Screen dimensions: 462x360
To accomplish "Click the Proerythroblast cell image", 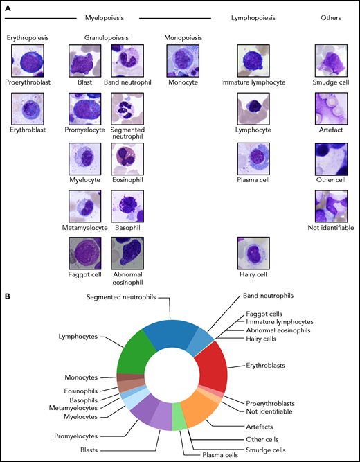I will click(x=28, y=60).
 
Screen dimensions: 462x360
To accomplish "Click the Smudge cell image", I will click(x=331, y=60).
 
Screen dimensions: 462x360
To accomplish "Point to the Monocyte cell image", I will click(x=181, y=60).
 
